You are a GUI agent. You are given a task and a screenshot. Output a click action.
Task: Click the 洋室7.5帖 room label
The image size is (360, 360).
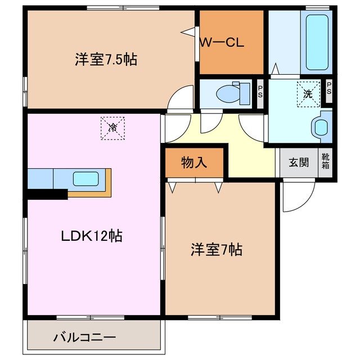106,60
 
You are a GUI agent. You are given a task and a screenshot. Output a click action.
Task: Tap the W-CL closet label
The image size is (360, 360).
222,42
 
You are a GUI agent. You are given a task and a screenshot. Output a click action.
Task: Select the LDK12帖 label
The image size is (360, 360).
92,236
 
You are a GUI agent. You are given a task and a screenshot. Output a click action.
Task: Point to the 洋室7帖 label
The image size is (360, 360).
217,250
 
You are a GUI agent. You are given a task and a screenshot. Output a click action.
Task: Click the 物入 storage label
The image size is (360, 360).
194,163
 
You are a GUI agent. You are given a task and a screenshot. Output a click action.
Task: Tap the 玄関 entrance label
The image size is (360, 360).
299,163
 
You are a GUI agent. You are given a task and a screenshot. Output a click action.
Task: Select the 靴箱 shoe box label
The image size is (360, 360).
325,161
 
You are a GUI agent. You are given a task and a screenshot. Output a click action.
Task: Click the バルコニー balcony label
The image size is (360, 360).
84,337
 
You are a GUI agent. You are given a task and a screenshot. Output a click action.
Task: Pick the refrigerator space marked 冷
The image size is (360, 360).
112,128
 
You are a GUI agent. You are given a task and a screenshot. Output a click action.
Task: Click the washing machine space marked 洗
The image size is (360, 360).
308,94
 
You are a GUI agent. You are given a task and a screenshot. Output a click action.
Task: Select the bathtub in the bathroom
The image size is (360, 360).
317,43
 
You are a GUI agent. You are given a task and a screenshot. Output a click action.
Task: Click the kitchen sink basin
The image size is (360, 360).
86,179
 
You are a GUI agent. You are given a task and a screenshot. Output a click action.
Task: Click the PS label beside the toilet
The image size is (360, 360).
260,92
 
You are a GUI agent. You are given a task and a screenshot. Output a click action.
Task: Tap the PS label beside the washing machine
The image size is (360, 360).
329,88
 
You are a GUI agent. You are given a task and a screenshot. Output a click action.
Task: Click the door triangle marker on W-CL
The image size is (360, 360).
188,31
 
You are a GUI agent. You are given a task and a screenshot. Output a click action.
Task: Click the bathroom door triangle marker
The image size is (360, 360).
275,69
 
